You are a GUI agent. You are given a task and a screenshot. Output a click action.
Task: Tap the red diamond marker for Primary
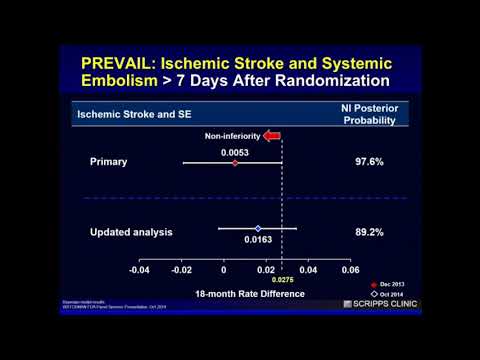coord(235,162)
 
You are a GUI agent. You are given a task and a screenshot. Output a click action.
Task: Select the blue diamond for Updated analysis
coord(258,229)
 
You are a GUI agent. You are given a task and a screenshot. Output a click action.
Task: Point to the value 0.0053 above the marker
coord(235,152)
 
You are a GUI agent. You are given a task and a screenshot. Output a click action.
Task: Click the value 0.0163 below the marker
coord(259,241)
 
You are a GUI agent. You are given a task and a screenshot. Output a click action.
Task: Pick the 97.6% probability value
coord(374,161)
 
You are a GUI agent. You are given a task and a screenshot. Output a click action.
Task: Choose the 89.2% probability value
coord(374,232)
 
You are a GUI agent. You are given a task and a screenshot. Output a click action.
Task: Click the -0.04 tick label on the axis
coord(138,270)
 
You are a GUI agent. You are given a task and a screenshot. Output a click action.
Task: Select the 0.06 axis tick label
coord(350,270)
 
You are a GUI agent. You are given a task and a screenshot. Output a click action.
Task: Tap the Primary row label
coord(108,161)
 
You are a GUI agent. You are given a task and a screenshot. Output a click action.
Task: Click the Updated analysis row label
coord(131,232)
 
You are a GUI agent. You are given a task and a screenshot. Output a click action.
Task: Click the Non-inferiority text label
coord(233,135)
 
